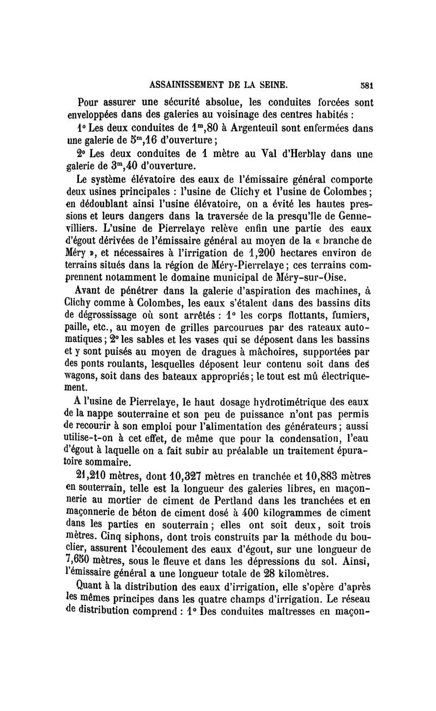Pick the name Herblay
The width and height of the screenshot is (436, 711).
[x=292, y=154]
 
